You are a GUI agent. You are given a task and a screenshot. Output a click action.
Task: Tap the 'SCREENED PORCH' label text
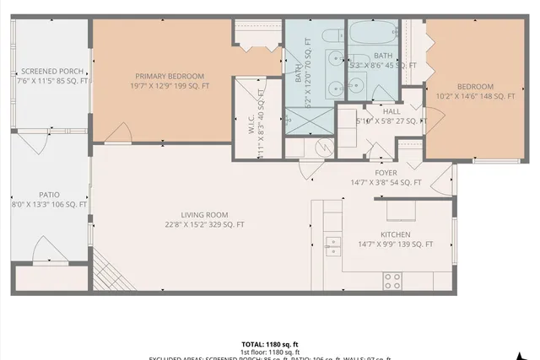pos(51,71)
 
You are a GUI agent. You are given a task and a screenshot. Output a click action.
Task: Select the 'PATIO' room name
pos(50,194)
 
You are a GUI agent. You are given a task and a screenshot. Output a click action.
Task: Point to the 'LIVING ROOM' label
pos(206,214)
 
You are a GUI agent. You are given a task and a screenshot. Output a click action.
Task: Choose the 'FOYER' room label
pos(386,173)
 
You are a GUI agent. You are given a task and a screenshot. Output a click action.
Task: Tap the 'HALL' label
pos(391,111)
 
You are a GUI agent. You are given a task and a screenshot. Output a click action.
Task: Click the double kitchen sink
pos(333,245)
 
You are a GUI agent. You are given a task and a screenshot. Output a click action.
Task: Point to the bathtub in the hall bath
pos(373,35)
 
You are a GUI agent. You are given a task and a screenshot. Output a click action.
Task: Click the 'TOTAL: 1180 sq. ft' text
pos(270,344)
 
